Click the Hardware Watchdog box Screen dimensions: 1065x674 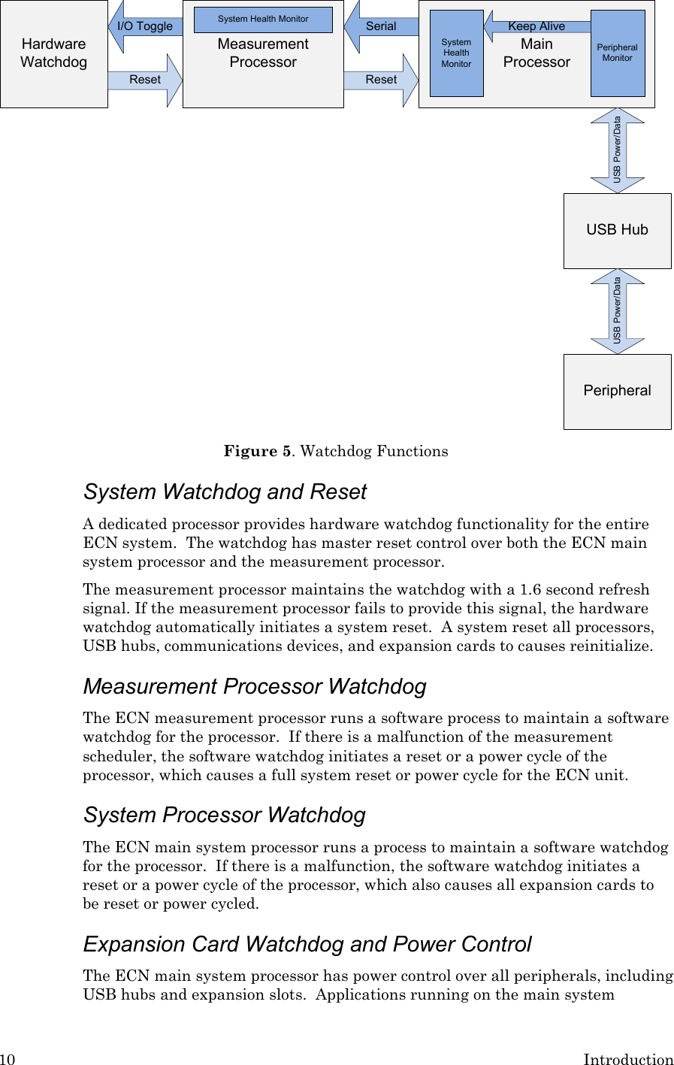pos(53,53)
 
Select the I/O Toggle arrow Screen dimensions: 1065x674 pos(145,26)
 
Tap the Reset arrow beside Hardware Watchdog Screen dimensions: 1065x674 pos(145,80)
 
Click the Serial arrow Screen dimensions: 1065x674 pos(381,26)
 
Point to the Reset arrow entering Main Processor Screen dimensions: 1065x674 pos(381,80)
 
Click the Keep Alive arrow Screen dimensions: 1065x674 pos(536,26)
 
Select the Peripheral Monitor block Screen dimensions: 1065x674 pos(618,53)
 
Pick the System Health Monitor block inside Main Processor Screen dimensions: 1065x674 pos(456,53)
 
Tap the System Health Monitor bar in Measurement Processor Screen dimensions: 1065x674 pos(263,19)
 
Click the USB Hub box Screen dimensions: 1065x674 pos(617,230)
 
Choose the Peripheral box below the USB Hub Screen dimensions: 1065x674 pos(617,391)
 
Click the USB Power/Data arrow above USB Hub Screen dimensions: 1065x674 pos(617,150)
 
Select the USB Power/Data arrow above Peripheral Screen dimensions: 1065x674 pos(617,311)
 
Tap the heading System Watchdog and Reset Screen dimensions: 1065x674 pos(225,492)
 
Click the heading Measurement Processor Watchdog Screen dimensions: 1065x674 pos(255,686)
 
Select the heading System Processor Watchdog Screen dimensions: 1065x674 pos(225,815)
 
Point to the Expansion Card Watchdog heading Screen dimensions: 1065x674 pos(307,944)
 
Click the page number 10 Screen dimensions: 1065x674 pos(8,1059)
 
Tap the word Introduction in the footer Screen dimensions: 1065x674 pos(628,1059)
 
